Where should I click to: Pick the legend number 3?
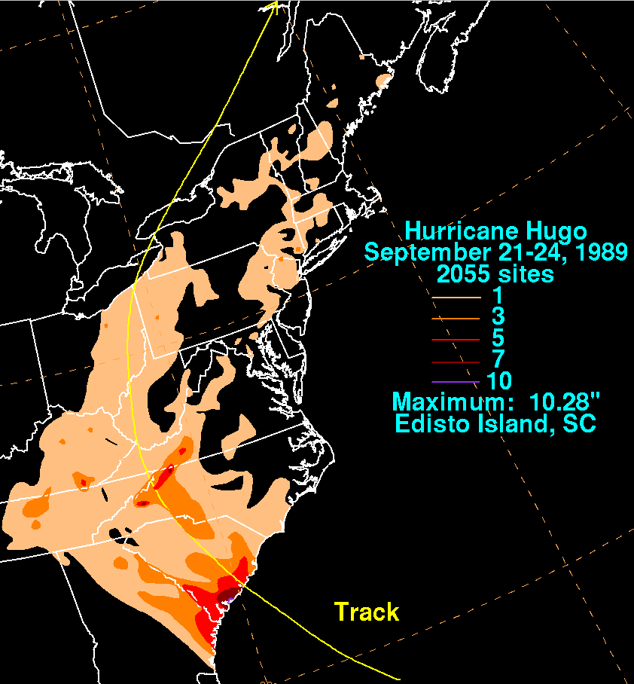[496, 318]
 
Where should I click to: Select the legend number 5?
[496, 339]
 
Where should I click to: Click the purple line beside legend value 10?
[456, 382]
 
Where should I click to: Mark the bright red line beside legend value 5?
[456, 340]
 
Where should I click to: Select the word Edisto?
[433, 423]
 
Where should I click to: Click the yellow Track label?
[367, 612]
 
